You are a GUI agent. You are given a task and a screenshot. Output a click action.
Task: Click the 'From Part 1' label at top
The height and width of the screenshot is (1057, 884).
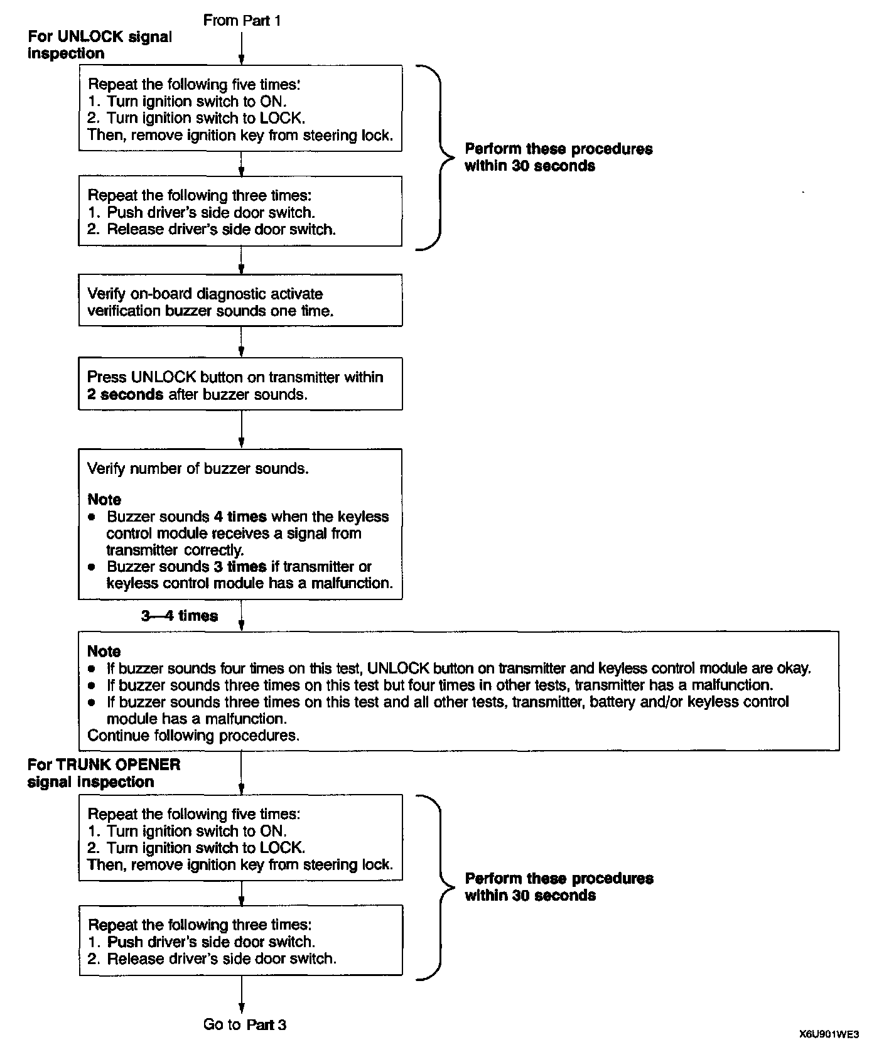[x=242, y=21]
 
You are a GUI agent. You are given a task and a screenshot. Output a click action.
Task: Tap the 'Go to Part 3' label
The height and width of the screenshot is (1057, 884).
[x=244, y=1024]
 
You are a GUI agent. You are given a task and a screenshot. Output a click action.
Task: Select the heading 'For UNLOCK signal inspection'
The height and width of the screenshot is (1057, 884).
[x=99, y=45]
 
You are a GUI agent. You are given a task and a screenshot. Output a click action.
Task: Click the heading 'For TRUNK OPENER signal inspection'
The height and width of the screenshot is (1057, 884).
[x=104, y=773]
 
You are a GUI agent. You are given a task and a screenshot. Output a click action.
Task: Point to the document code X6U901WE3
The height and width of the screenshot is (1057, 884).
[x=829, y=1034]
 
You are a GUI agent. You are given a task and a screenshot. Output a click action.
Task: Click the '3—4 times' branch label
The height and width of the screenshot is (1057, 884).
[x=180, y=616]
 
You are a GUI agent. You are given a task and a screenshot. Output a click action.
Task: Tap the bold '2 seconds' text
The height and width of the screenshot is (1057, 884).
[x=125, y=394]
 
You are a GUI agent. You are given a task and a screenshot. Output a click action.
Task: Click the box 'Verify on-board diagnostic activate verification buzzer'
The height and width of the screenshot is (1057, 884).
[x=240, y=300]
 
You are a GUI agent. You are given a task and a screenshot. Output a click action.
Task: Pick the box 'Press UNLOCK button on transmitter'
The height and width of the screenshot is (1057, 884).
[x=240, y=384]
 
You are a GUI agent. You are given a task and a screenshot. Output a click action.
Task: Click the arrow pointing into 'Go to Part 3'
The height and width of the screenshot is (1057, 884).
[x=242, y=995]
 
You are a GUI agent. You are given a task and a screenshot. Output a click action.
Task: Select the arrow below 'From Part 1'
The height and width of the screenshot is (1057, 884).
[x=242, y=47]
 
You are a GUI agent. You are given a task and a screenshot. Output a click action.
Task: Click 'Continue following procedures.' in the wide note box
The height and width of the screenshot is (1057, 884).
[x=193, y=735]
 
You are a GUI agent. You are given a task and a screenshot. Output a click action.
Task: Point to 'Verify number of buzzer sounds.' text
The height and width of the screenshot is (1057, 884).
[x=198, y=468]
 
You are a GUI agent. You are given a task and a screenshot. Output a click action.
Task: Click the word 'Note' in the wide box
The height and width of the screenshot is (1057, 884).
[x=104, y=651]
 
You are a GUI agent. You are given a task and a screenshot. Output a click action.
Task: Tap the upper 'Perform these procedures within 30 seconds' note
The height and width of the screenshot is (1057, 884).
[x=558, y=157]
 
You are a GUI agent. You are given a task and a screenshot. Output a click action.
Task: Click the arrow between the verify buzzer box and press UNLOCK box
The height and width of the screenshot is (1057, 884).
[x=242, y=342]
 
